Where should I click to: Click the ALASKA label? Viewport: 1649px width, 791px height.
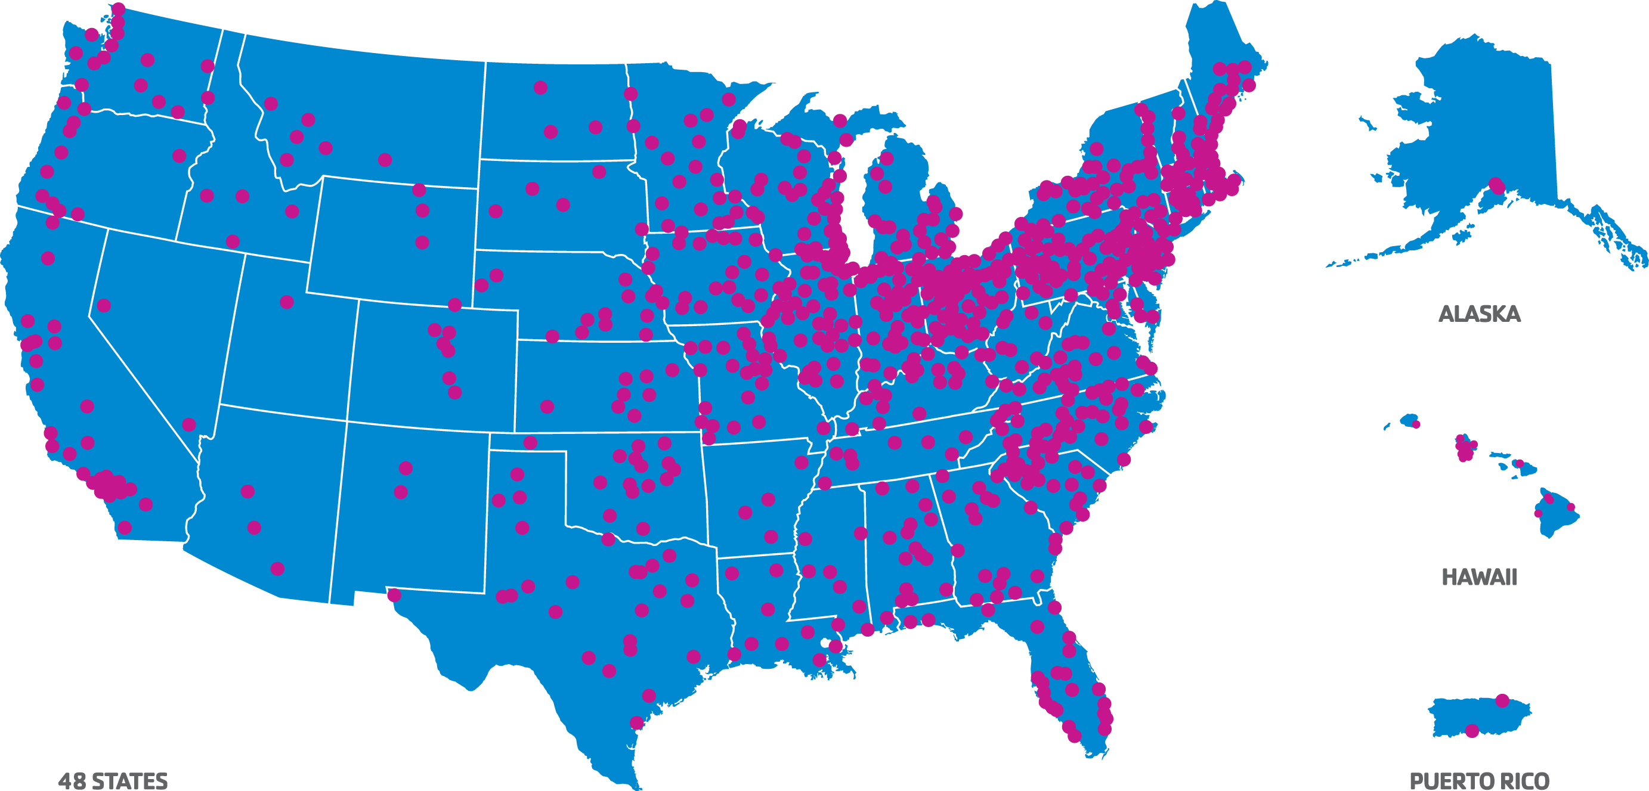click(1478, 314)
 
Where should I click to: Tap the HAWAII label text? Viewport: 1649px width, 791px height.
click(1478, 576)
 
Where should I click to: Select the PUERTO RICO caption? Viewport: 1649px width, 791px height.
click(1478, 781)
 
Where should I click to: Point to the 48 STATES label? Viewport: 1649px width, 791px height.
click(113, 781)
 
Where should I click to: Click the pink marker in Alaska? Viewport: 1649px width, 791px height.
click(1496, 185)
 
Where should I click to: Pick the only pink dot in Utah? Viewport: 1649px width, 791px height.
click(287, 302)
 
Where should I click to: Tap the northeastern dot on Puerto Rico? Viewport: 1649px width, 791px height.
click(1502, 700)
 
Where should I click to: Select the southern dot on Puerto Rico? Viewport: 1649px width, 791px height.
click(1472, 730)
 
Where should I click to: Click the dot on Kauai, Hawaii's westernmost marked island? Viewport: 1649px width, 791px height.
click(1416, 424)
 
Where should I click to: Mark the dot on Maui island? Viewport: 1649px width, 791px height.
click(1519, 463)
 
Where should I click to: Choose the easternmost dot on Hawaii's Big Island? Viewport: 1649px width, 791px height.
click(1570, 507)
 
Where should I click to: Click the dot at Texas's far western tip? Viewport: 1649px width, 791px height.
click(394, 595)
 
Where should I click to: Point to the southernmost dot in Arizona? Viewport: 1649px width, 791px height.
click(277, 568)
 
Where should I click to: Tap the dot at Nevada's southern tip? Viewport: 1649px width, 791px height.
click(189, 424)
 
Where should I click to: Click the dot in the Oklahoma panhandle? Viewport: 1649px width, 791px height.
click(530, 442)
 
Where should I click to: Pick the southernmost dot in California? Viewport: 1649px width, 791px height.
click(125, 528)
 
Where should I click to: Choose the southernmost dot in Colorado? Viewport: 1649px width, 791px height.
click(454, 392)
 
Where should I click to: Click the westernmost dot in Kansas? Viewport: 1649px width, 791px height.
click(547, 407)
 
